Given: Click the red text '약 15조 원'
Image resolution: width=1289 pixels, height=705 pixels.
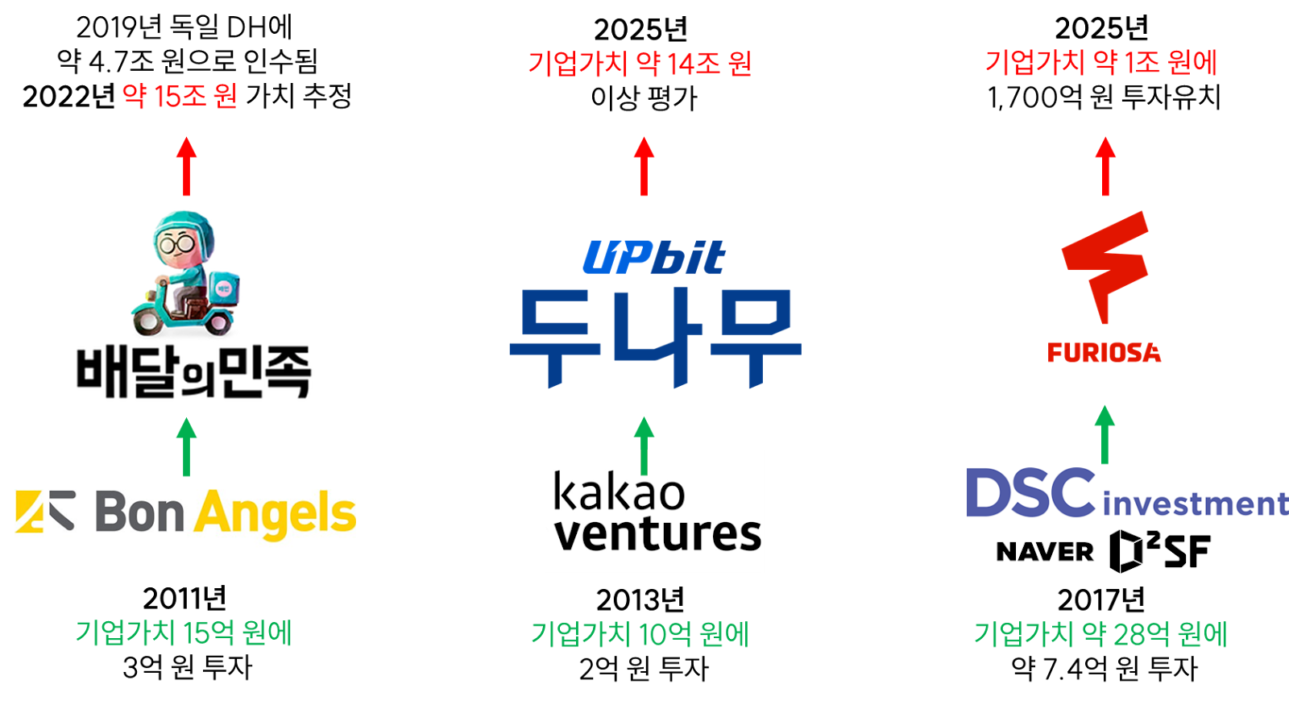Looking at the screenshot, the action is coord(180,97).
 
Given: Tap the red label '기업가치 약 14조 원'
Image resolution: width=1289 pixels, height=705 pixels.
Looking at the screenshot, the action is coord(640,64).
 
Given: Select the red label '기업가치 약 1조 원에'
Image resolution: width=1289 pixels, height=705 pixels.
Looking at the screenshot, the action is coord(1101,63).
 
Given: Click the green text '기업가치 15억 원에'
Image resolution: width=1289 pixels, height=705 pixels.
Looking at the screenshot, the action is coord(184,633).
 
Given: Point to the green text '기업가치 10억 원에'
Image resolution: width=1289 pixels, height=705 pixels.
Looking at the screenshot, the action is coord(640,635).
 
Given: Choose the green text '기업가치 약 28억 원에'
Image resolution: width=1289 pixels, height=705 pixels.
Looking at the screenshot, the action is coord(1100,635).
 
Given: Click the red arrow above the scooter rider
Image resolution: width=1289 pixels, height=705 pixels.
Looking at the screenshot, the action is coord(187,166).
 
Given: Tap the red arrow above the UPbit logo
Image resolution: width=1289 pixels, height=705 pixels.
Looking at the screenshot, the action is coord(644,166).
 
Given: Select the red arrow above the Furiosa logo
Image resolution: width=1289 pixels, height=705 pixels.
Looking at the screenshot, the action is coord(1105,166).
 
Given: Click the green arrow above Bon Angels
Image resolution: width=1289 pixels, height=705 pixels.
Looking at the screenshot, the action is coord(187,446).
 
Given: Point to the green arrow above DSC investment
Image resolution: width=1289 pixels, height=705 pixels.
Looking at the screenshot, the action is coord(1105,434).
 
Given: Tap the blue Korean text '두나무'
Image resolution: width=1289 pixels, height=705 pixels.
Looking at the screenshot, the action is coord(655,337).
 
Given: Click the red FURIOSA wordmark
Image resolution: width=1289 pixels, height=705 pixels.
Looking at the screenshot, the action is coord(1104,352).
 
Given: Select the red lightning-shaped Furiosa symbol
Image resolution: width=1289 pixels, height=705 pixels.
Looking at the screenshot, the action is coord(1105,263).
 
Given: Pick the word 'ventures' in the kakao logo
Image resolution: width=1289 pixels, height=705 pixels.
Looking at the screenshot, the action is coord(657,534).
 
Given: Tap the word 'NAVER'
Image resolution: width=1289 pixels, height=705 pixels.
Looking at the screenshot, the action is coord(1045,552).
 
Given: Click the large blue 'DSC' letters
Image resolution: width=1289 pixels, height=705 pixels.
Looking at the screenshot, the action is coord(1030,493).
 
